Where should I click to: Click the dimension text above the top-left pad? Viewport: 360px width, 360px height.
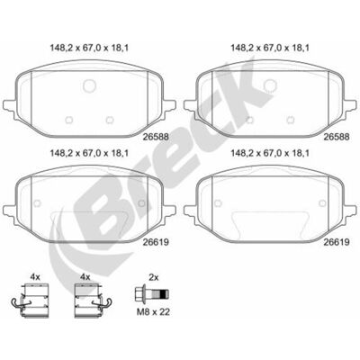pyautogui.click(x=89, y=48)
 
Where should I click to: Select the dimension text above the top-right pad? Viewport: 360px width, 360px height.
pyautogui.click(x=270, y=48)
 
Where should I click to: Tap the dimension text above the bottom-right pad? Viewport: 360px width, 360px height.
pyautogui.click(x=270, y=153)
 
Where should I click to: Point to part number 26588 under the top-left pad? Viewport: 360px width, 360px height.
pyautogui.click(x=156, y=137)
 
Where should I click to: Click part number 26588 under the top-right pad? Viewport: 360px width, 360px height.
pyautogui.click(x=337, y=137)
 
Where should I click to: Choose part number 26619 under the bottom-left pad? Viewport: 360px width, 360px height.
pyautogui.click(x=156, y=242)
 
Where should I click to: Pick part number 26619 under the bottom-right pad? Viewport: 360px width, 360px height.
pyautogui.click(x=337, y=242)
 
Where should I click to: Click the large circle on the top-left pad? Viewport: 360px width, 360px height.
pyautogui.click(x=90, y=85)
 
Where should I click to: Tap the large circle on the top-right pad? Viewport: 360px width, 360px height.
pyautogui.click(x=270, y=85)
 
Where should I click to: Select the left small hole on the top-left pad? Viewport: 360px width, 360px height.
pyautogui.click(x=69, y=120)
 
